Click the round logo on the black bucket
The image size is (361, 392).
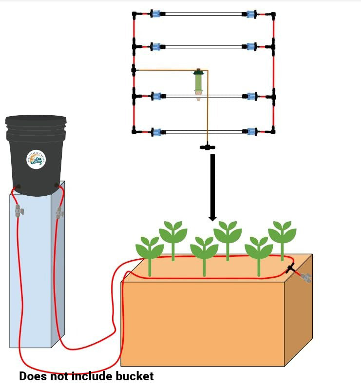point(37,159)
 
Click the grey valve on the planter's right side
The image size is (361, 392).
point(305,278)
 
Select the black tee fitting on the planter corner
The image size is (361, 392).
point(291,268)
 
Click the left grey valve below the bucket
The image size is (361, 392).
point(19,211)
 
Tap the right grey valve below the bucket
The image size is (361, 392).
point(59,212)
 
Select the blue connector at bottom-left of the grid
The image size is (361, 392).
point(155,131)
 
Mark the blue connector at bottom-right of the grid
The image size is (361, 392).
point(251,131)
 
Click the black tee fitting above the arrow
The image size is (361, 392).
point(208,146)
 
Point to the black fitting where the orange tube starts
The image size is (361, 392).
point(134,70)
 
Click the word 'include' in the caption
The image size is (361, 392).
point(93,376)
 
